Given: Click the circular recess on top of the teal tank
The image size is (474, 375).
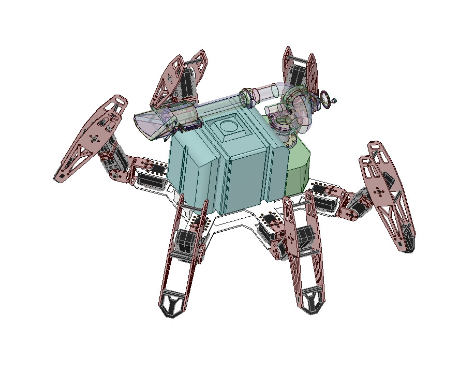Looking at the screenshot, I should (228, 125).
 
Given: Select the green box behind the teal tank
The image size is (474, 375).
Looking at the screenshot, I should (299, 164).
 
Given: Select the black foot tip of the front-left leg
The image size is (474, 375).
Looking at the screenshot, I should (172, 305).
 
